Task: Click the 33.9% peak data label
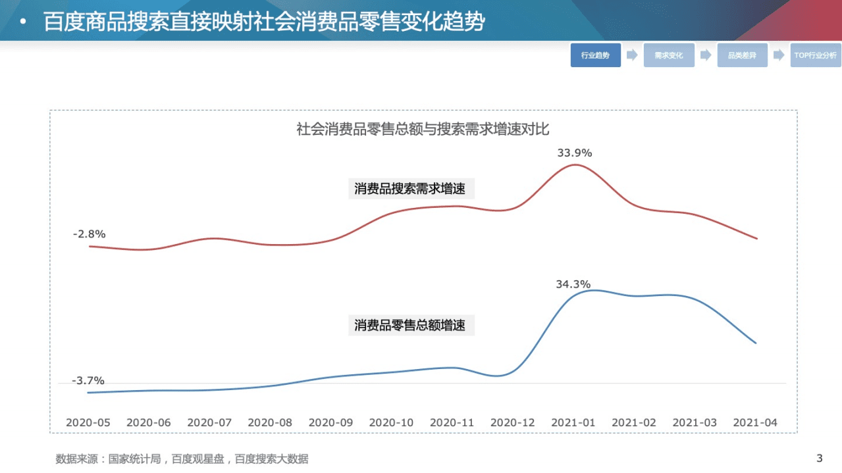click(574, 153)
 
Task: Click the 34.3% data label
click(573, 284)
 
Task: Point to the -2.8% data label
click(89, 234)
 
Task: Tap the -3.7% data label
click(88, 380)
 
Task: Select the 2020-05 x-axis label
click(88, 422)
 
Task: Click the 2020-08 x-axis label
click(270, 422)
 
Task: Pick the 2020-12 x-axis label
click(513, 422)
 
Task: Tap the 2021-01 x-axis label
click(573, 422)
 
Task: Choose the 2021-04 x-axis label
click(755, 422)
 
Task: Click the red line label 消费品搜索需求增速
click(410, 189)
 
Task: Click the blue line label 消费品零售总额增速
click(410, 325)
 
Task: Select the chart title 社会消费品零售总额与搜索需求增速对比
click(423, 129)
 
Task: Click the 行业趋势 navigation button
click(595, 55)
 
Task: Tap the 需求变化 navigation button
click(669, 55)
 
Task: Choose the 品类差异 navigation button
click(742, 55)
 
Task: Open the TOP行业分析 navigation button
click(815, 55)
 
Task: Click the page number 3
click(820, 458)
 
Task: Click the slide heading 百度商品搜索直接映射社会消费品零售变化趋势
click(264, 22)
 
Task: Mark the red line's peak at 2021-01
click(574, 164)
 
